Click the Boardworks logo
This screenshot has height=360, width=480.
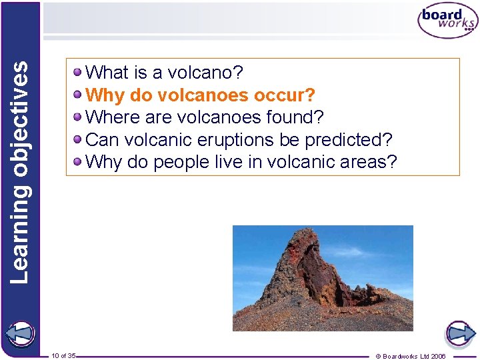pos(447,21)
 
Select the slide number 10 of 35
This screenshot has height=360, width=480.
pos(63,355)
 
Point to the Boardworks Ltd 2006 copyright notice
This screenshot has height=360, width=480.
pos(411,356)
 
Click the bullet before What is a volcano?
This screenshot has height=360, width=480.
pos(79,72)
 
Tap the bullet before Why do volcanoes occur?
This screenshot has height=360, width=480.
pos(79,95)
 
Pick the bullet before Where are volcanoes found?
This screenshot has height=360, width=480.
pos(79,117)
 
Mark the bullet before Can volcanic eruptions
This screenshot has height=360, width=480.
pos(79,140)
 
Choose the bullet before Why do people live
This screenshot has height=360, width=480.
pos(79,162)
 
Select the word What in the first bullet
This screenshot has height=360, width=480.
pos(107,72)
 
